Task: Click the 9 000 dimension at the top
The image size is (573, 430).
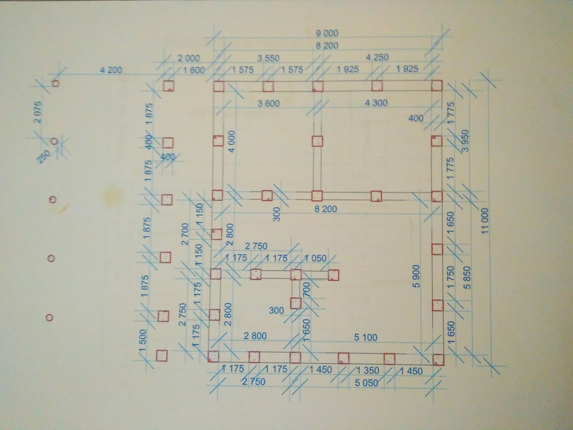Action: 327,33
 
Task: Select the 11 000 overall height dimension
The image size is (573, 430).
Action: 485,221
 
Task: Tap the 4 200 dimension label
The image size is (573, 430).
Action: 111,70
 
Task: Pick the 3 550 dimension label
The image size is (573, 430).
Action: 268,58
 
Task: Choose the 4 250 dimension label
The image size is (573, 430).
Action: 377,57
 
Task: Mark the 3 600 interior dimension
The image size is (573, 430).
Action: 269,103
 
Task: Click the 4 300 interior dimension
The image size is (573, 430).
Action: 376,103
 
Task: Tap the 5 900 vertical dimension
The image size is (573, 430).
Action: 416,276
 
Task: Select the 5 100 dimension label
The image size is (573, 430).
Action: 366,337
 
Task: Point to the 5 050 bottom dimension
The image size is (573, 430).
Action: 366,383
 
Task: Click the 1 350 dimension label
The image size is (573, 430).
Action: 368,371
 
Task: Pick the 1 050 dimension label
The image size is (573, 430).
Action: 315,258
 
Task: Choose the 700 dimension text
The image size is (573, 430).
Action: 306,290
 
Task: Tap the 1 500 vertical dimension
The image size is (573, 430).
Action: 143,340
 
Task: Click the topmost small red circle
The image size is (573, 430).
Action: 56,83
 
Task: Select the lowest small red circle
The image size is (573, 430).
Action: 50,317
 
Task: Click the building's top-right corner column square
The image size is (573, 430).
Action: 437,85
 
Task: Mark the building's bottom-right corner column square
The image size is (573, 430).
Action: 438,360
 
